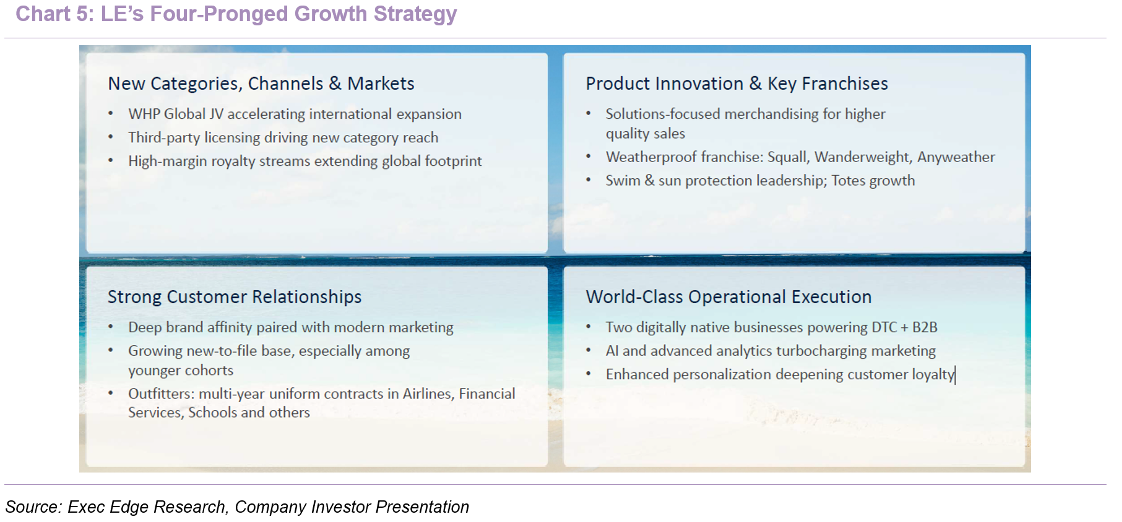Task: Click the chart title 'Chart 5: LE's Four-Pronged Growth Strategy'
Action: click(x=236, y=14)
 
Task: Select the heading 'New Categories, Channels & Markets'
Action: click(x=261, y=83)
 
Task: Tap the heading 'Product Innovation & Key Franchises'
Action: click(x=736, y=83)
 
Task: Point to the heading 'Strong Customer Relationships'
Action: click(x=235, y=297)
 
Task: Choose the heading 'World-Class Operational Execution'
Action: click(x=728, y=297)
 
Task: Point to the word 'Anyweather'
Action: click(x=956, y=157)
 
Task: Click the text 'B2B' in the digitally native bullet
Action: click(x=925, y=327)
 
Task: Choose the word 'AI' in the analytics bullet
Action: click(x=612, y=351)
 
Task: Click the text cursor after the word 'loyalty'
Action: click(x=956, y=375)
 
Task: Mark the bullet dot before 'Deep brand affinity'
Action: click(x=111, y=327)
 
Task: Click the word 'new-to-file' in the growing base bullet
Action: click(x=222, y=351)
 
